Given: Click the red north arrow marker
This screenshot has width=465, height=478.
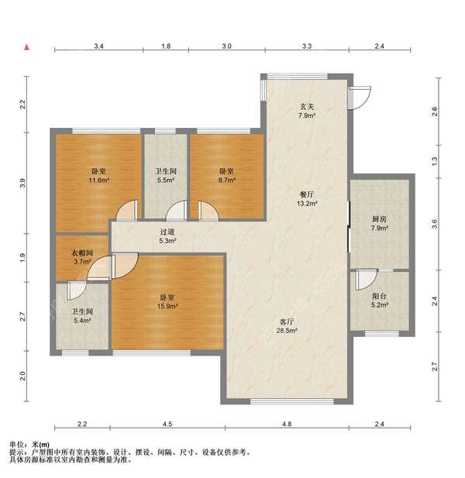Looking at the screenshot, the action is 27,47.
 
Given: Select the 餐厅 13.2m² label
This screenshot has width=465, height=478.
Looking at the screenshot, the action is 307,199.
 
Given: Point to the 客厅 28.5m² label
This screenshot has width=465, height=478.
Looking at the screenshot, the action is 287,326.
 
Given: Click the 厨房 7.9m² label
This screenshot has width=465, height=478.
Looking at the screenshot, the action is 379,223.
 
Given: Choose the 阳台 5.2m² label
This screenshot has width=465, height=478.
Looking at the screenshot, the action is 379,301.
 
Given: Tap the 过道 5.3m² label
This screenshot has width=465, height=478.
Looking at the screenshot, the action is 167,236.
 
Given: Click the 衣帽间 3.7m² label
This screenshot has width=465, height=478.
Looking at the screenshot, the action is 82,257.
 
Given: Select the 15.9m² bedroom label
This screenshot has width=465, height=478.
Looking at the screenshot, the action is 167,301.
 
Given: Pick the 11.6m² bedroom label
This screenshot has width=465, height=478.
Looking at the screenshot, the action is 98,176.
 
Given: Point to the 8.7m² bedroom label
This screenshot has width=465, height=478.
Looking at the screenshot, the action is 226,176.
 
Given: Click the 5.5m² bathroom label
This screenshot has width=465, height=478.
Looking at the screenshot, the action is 166,176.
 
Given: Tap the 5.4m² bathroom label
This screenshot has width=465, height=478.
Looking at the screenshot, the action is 82,316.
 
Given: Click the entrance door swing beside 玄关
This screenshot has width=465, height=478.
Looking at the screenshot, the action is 360,98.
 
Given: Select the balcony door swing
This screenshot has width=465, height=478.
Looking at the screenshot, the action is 367,280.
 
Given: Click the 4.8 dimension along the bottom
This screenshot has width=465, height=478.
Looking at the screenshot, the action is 287,424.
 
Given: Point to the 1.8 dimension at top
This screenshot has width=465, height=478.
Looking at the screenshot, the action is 166,46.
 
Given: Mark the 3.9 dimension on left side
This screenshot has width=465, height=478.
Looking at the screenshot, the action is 22,183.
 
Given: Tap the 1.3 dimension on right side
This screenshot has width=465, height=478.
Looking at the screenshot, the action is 435,159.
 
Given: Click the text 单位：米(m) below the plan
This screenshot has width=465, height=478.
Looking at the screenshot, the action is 29,445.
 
